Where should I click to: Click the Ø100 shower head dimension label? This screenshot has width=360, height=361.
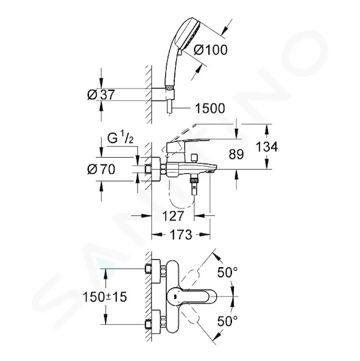[210, 50]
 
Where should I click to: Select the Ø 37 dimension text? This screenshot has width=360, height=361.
[101, 94]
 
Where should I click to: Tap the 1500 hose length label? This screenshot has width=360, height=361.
[210, 108]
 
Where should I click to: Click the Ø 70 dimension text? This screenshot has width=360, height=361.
[101, 170]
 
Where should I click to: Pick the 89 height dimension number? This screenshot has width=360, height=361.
[236, 154]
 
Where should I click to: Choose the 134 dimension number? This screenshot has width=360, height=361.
[267, 147]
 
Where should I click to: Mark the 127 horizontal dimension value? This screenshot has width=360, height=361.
[173, 216]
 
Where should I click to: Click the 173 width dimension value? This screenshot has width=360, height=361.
[181, 235]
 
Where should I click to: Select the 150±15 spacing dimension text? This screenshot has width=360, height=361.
[105, 297]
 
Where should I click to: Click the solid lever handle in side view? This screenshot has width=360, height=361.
[187, 145]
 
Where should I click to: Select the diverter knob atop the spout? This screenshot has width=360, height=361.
[195, 158]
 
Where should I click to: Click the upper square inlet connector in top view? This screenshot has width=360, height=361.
[148, 269]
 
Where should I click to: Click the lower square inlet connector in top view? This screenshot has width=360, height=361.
[148, 325]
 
